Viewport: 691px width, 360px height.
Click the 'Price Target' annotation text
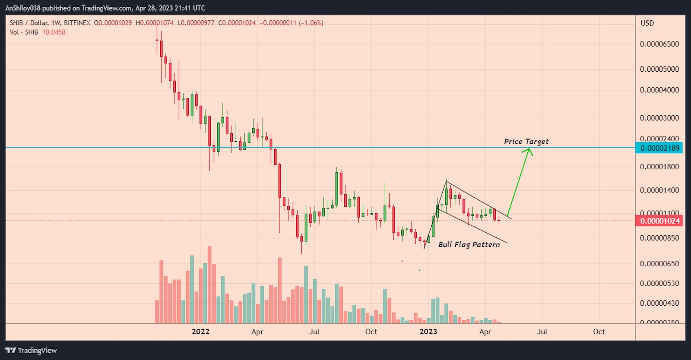click(526, 142)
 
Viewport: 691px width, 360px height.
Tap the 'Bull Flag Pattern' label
click(469, 244)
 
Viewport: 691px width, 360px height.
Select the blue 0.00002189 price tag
click(659, 148)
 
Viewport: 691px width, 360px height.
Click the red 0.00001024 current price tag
click(659, 221)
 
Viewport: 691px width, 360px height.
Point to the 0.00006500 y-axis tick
click(659, 44)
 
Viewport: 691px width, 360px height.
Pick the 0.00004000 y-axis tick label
click(659, 90)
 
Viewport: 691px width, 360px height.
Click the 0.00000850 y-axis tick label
click(659, 238)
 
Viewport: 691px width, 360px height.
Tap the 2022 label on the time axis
click(200, 332)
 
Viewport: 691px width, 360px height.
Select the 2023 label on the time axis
click(428, 332)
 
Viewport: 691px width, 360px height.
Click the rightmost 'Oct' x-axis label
click(599, 332)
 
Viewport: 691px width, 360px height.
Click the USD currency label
click(647, 23)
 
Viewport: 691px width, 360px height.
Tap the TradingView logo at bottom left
click(31, 350)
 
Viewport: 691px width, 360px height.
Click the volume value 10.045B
click(54, 32)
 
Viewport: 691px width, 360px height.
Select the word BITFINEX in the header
click(77, 23)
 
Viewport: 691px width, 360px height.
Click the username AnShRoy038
click(22, 8)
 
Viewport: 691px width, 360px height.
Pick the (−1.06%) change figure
click(311, 23)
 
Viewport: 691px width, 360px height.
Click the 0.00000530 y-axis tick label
click(659, 284)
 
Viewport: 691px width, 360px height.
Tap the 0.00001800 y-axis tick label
click(659, 167)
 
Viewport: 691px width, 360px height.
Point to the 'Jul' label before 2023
click(314, 332)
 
